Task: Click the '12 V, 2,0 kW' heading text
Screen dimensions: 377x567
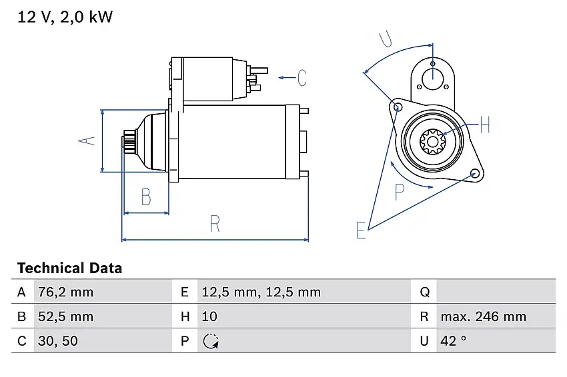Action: point(65,17)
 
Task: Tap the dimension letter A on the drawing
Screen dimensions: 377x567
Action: point(87,141)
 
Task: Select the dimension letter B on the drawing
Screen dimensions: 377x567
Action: point(145,197)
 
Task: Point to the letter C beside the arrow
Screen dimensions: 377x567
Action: point(302,78)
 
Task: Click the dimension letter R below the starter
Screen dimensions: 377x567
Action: point(215,224)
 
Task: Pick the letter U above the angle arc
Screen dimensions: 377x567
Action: point(386,39)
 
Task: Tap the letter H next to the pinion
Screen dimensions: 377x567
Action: point(484,125)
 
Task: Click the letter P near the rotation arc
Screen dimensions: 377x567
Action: point(400,192)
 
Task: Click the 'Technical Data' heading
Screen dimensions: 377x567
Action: point(69,268)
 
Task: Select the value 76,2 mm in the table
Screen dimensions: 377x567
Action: point(65,292)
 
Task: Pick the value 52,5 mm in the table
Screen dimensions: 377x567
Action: point(65,316)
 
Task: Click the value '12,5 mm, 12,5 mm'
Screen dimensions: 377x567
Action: point(261,292)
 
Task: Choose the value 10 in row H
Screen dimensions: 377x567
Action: point(209,316)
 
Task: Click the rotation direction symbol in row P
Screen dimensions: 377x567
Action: point(211,341)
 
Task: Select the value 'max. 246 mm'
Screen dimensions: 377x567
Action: point(483,316)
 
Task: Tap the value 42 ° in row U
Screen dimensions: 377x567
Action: point(454,341)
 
